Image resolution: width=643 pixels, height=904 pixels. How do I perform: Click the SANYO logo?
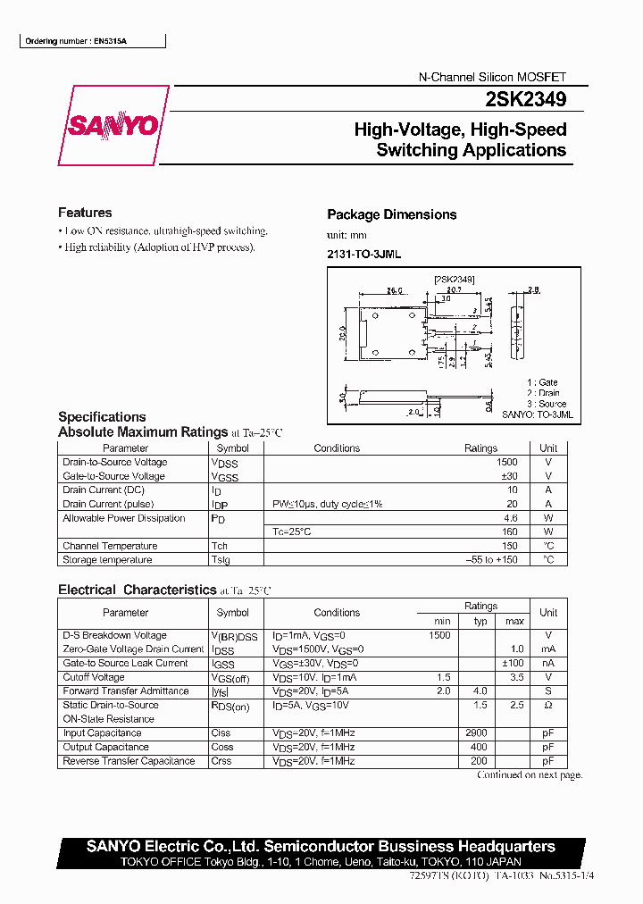tap(113, 126)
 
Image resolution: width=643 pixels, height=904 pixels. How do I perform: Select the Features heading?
tap(85, 213)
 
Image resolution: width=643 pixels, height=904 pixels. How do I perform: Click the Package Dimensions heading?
tap(391, 214)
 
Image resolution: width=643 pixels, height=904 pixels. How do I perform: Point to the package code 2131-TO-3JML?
tap(363, 255)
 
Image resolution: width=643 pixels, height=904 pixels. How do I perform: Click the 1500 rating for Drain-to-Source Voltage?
tap(506, 462)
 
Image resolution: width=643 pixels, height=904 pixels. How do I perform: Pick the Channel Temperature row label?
tap(110, 546)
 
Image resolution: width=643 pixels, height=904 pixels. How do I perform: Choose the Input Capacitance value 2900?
tap(477, 733)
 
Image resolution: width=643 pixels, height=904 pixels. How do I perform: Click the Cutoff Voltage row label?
tap(94, 677)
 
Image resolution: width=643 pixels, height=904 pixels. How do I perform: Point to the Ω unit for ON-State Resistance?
tap(548, 706)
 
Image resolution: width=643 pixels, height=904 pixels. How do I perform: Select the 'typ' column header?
tap(480, 621)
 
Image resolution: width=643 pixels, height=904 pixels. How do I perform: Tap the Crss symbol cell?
tap(221, 761)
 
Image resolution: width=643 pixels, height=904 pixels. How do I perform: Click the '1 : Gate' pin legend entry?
tap(541, 382)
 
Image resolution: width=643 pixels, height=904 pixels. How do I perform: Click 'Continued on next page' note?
tap(530, 775)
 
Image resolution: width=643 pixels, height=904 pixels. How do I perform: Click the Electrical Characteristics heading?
tap(137, 590)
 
